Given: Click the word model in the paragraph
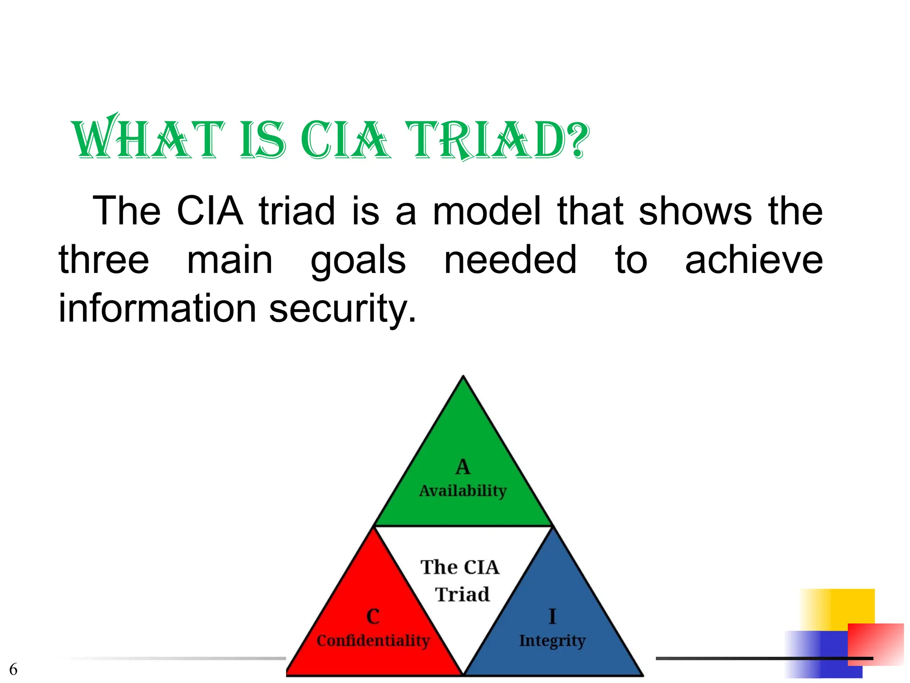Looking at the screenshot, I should point(487,211).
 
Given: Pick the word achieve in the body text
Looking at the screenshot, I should point(754,260).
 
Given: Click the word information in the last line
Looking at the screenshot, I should point(158,309).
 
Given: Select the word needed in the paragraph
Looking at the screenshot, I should point(510,260).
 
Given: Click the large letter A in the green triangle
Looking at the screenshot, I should point(463,467).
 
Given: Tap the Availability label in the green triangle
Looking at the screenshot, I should point(463,491).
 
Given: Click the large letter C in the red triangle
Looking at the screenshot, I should point(373,616).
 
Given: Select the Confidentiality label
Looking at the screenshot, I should point(373,640).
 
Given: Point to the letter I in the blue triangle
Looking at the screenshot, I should point(552,616).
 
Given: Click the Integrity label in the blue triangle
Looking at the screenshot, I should point(552,641).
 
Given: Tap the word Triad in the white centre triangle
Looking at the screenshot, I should point(462,595).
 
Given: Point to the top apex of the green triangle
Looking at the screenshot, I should point(463,378).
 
